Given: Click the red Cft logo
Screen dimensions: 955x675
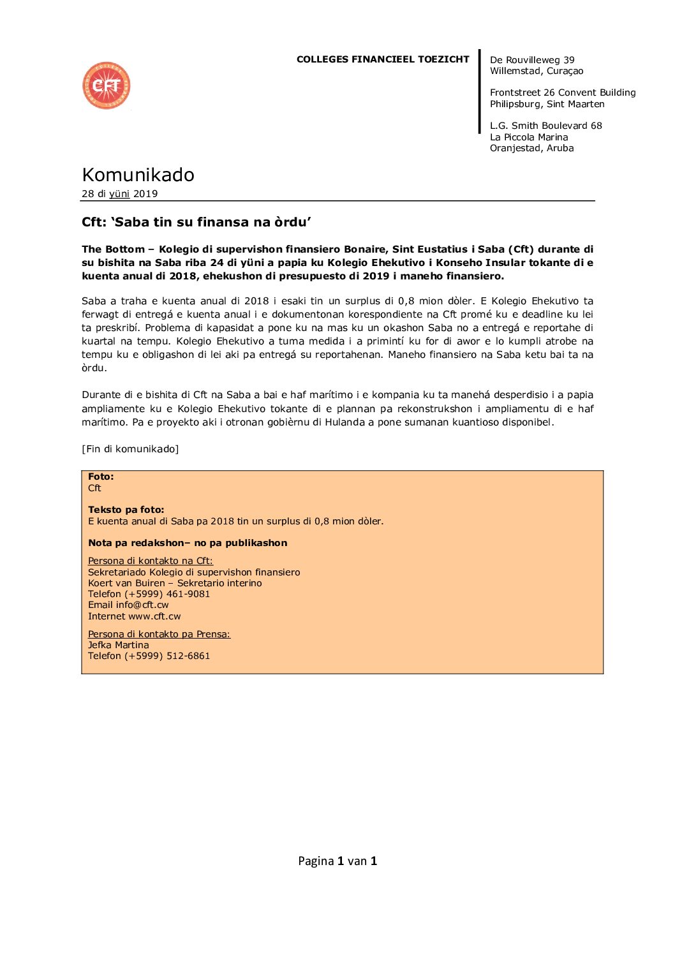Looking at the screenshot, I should point(107,85).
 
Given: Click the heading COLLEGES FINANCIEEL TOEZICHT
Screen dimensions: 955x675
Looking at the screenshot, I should point(383,59).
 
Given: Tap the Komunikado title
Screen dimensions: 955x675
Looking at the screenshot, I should point(138,175).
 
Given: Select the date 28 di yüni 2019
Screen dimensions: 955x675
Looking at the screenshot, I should point(120,194).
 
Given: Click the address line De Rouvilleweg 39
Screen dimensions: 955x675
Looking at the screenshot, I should point(532,60).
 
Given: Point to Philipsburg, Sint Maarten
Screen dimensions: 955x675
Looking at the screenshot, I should point(547,104).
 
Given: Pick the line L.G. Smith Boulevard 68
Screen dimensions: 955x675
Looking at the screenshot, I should point(545,126).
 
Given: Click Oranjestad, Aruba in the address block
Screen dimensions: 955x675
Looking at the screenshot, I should point(531,148).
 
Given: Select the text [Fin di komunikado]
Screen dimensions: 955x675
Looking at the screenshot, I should point(130,449).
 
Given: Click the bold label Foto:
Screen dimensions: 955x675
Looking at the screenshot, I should point(101,477).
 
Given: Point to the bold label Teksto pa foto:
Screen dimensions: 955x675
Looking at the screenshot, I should point(126,510).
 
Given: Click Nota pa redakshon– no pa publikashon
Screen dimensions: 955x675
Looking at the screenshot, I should point(188,543).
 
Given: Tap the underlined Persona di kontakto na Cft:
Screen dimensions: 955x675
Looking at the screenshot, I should point(151,561).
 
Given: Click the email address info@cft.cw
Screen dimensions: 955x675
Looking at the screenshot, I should point(142,605).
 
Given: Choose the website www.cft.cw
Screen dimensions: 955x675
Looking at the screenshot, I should point(154,616).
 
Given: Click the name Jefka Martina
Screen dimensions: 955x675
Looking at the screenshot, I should point(119,645).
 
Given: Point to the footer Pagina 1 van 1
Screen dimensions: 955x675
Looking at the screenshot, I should point(337,861).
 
